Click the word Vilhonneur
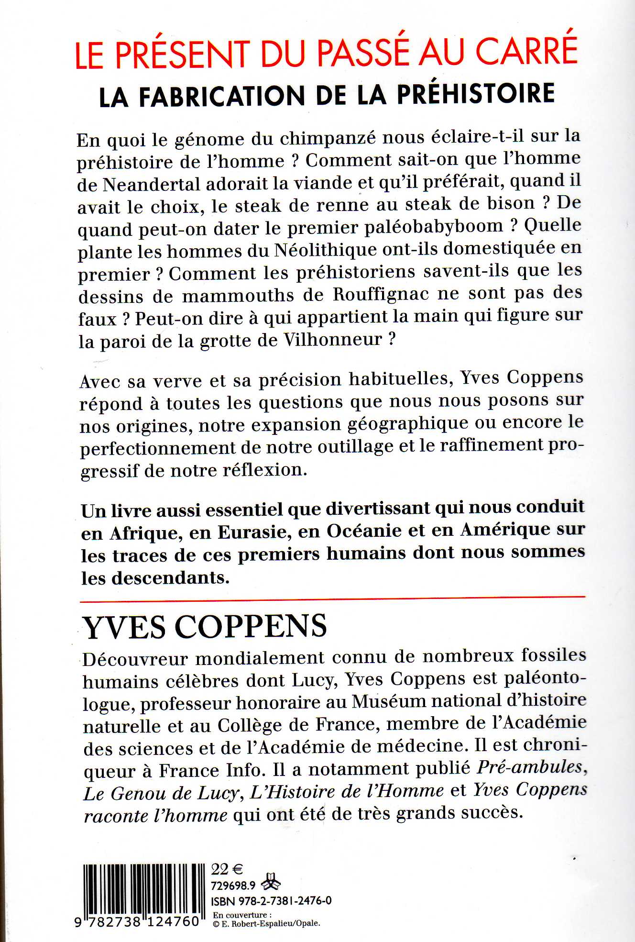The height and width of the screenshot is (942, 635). [333, 340]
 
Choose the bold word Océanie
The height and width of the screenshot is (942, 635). [364, 531]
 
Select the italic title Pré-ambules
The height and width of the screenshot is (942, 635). [530, 768]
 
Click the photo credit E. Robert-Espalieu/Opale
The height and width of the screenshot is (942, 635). [270, 923]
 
